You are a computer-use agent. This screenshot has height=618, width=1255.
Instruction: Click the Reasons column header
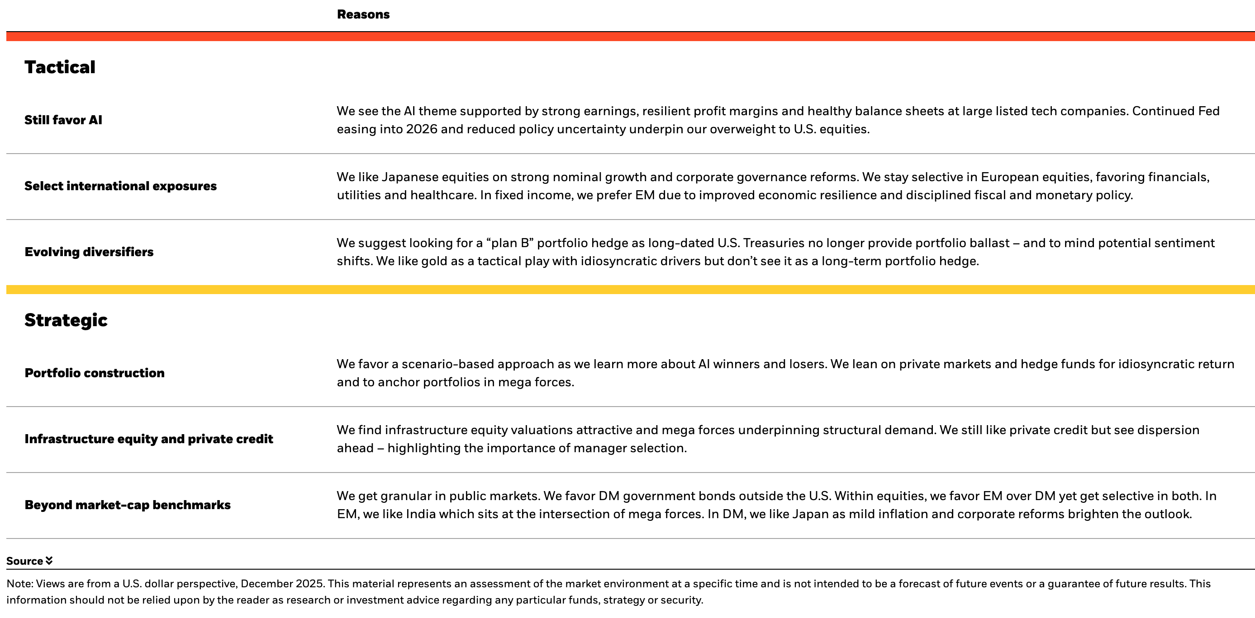(x=363, y=14)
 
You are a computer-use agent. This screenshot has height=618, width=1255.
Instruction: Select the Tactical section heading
(x=60, y=67)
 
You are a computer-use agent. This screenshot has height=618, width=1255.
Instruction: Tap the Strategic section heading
(x=66, y=320)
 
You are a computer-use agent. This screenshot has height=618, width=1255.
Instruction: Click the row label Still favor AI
(x=63, y=120)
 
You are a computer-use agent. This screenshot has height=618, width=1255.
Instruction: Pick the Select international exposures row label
(x=120, y=186)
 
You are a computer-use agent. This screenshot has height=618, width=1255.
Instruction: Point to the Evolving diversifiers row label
(x=89, y=252)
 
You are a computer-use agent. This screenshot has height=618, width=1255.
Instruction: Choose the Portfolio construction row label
(x=95, y=373)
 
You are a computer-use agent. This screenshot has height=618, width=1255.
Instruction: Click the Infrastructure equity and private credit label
(x=148, y=439)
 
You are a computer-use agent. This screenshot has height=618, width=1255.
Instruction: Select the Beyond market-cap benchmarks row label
(x=127, y=505)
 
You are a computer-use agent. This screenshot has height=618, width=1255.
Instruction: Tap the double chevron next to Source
(x=49, y=561)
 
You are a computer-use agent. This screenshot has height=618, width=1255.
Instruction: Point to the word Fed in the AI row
(x=1209, y=112)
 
